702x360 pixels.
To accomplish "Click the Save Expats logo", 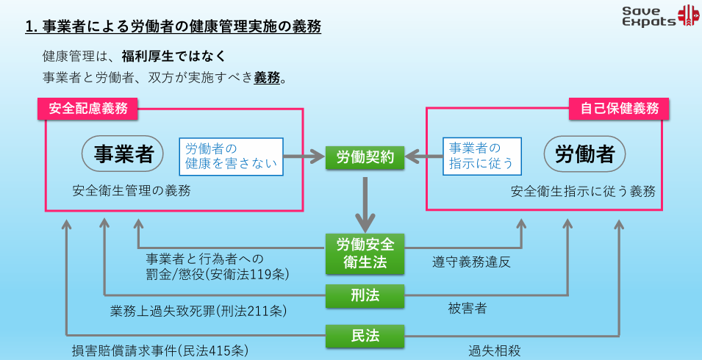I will click(x=659, y=16).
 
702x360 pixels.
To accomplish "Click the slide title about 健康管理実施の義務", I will click(x=173, y=28).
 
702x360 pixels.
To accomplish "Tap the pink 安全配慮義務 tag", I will click(x=88, y=109).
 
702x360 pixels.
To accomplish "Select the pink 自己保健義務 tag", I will click(x=619, y=109).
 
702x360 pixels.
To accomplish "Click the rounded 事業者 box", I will click(x=123, y=154).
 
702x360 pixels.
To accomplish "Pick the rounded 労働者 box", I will click(x=584, y=154).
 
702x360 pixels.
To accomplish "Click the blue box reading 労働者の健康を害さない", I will click(x=231, y=156).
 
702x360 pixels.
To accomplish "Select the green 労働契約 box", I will click(x=365, y=157).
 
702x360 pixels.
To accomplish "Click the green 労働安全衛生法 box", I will click(x=365, y=252).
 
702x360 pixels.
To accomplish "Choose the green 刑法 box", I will click(x=365, y=295).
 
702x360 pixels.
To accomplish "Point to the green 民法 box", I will click(x=365, y=336).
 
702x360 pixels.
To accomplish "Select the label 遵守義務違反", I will click(x=471, y=262).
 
